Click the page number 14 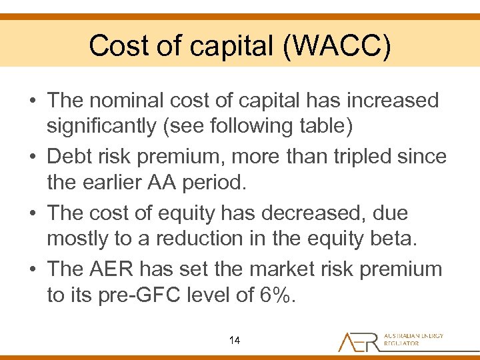tap(234, 341)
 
